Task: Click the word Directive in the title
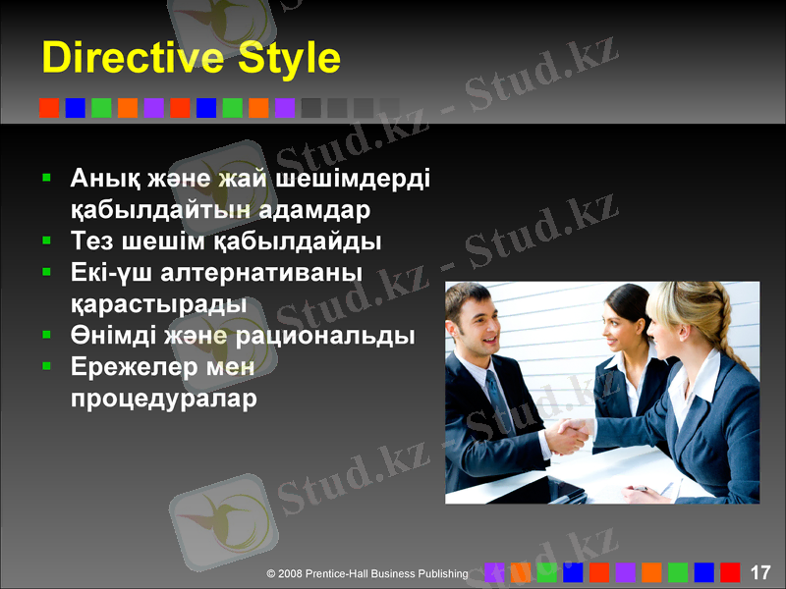click(130, 59)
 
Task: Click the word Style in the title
click(286, 59)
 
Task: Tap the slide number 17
click(759, 572)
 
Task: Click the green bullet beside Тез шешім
click(46, 239)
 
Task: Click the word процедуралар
click(164, 399)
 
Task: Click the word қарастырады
click(158, 303)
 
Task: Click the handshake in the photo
click(570, 433)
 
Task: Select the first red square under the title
click(48, 107)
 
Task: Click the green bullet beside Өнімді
click(46, 335)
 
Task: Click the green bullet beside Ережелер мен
click(46, 365)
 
